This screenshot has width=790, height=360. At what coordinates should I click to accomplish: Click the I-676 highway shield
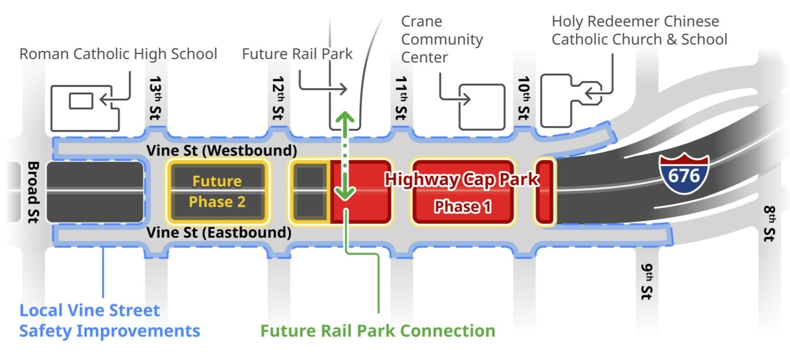[x=684, y=174]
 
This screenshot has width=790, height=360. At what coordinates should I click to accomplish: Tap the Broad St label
[x=33, y=192]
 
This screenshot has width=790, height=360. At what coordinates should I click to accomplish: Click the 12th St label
[x=279, y=99]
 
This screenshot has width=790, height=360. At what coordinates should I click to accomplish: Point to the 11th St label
[x=401, y=99]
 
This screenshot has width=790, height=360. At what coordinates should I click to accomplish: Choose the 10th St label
[x=524, y=99]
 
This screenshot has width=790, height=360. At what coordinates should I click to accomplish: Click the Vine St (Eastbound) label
[x=218, y=232]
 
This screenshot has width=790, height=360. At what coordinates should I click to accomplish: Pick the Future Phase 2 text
[x=217, y=191]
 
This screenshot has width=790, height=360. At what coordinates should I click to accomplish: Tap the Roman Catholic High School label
[x=118, y=54]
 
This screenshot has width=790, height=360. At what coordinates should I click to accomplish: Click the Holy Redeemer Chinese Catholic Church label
[x=639, y=30]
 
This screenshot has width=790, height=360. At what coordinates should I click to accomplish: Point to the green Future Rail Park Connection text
[x=378, y=330]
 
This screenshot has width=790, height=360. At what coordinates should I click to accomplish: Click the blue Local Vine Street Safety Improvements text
[x=110, y=321]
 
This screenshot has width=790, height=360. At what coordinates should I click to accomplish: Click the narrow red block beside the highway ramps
[x=545, y=192]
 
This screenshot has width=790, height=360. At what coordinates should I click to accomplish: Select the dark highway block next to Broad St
[x=95, y=192]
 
